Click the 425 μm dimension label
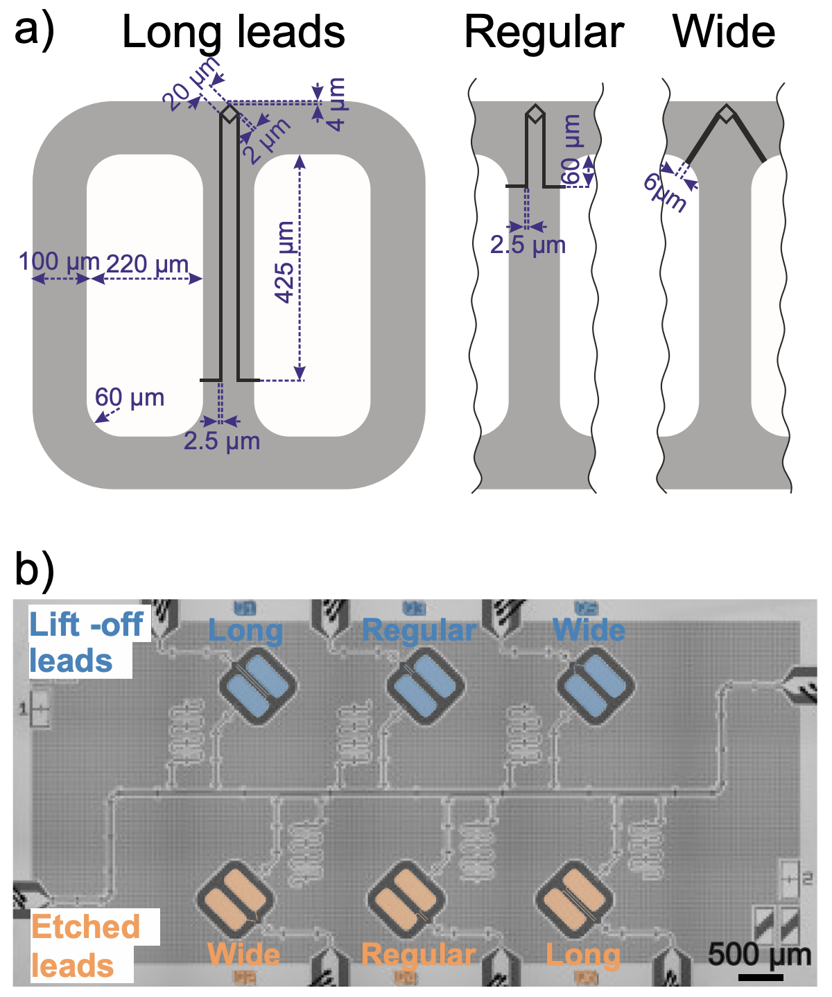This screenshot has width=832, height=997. (x=285, y=262)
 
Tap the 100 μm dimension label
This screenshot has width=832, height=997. (x=59, y=261)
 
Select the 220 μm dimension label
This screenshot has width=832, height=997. (x=147, y=263)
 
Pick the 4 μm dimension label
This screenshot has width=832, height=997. (x=336, y=104)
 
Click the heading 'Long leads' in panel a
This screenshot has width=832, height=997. (x=233, y=32)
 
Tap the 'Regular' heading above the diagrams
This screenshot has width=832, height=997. (x=544, y=33)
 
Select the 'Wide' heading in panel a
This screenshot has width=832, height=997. (x=724, y=32)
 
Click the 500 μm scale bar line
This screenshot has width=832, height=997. (x=761, y=978)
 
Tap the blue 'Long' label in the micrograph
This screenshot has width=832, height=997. (x=245, y=631)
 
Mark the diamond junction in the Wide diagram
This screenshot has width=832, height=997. (x=727, y=114)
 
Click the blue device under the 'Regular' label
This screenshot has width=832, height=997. (x=425, y=686)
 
